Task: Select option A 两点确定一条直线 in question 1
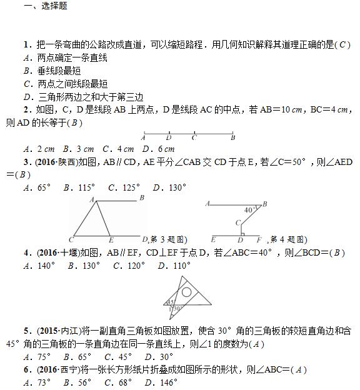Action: (x=65, y=57)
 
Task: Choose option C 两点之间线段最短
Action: (x=65, y=84)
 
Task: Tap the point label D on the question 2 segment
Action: (x=169, y=137)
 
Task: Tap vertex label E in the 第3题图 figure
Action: (x=111, y=240)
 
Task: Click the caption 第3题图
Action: (x=168, y=239)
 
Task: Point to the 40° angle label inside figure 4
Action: (x=249, y=209)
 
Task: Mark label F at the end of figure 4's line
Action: (x=259, y=240)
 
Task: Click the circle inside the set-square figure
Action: (x=186, y=291)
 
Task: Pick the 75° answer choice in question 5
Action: (x=37, y=357)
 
